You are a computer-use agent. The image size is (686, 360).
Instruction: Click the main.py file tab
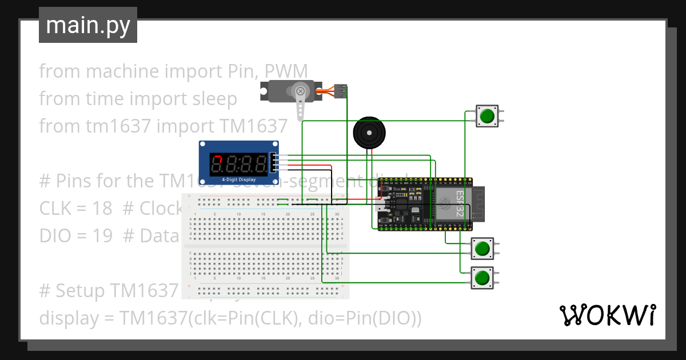[87, 25]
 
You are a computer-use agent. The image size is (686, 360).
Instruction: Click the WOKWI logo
[607, 315]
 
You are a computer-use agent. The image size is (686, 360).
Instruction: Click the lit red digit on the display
[217, 165]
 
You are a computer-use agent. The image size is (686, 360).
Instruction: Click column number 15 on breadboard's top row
[264, 214]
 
